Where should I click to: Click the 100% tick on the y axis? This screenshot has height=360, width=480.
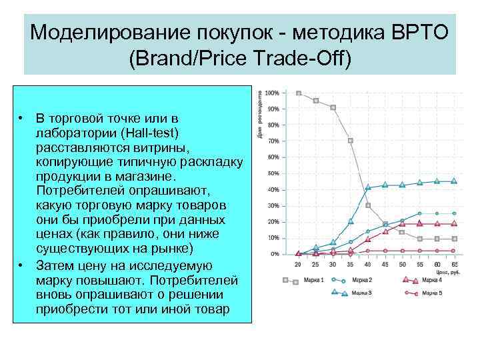[x=271, y=93]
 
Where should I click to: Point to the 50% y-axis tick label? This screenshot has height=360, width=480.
[x=273, y=173]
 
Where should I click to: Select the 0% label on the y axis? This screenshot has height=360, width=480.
[x=274, y=254]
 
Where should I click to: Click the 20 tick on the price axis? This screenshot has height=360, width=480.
[x=298, y=265]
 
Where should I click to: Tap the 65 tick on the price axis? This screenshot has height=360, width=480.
[x=454, y=265]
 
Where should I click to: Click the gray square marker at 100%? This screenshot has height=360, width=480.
[x=299, y=93]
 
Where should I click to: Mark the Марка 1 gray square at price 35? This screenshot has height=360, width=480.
[x=351, y=141]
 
